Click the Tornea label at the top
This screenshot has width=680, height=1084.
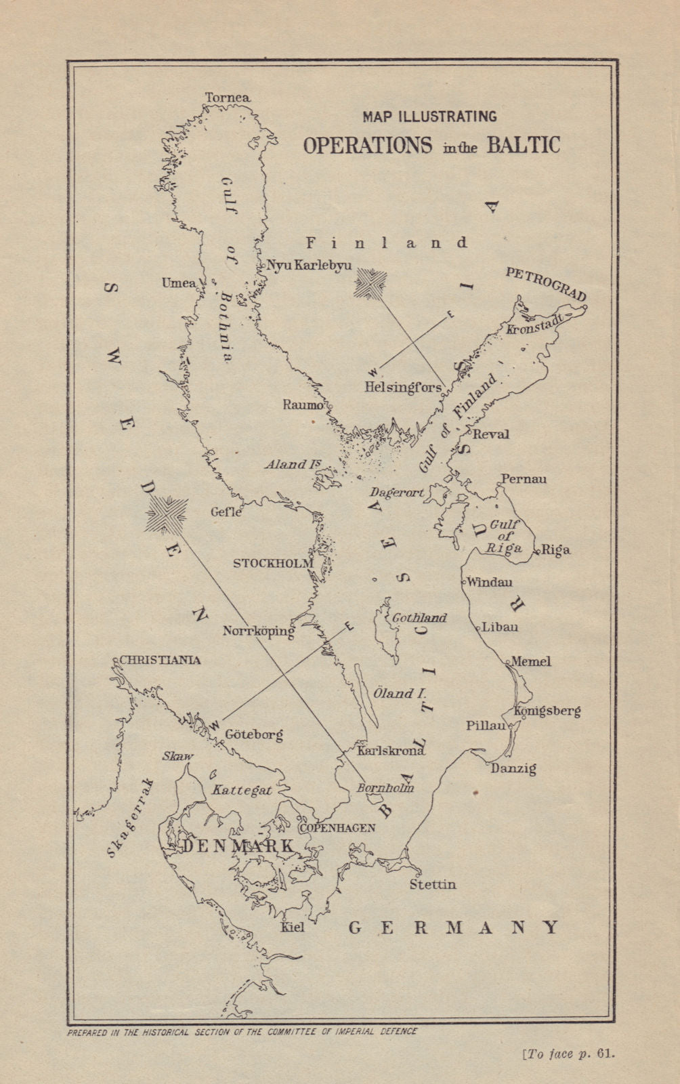pos(228,98)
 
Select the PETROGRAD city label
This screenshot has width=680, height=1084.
pos(546,284)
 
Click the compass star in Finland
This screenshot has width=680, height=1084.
pos(370,283)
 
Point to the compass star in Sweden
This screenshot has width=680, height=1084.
pos(165,514)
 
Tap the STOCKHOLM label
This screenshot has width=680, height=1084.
pos(273,563)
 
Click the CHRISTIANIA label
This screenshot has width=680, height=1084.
pos(160,660)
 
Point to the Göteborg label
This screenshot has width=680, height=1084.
pos(253,734)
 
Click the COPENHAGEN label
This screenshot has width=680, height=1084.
pos(337,828)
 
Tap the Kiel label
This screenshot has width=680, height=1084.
pos(293,927)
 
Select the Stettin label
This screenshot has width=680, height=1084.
pos(433,885)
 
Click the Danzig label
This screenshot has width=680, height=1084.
pos(513,768)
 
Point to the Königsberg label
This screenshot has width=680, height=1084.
pos(547,711)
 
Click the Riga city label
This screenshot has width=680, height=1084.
pos(556,550)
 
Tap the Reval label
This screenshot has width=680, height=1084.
pos(490,434)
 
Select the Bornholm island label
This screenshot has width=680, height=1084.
pos(385,788)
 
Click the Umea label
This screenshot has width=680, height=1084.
pos(178,283)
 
